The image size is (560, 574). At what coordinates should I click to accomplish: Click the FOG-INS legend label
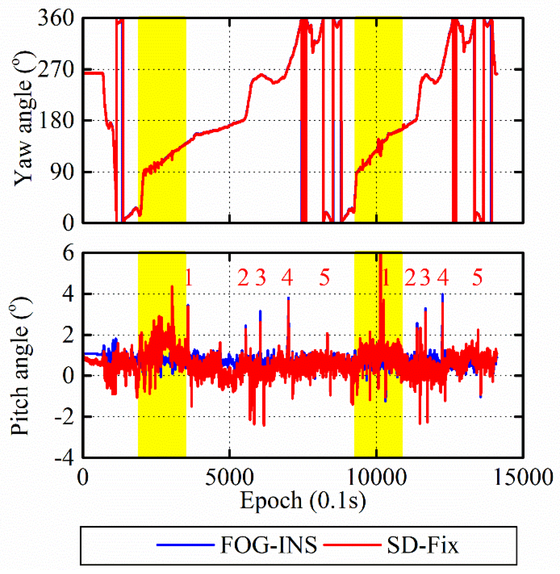tap(268, 545)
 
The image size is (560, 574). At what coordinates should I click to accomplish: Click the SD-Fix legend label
tap(423, 545)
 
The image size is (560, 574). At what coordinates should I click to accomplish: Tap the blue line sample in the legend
tap(185, 545)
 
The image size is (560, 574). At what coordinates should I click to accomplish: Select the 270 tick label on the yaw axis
tap(56, 70)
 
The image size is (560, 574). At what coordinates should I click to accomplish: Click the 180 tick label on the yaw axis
tap(56, 121)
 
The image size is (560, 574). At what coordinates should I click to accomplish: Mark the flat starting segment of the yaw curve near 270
tap(93, 73)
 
